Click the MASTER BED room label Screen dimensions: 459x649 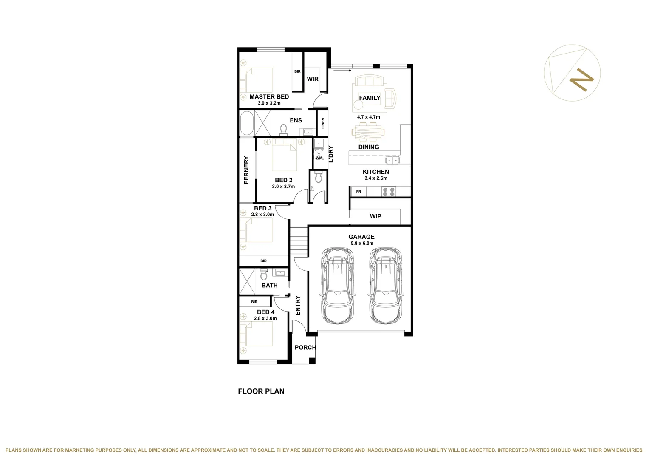pos(269,97)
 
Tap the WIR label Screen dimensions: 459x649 pos(313,79)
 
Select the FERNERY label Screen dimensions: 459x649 pos(246,170)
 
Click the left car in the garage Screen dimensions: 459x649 pos(338,285)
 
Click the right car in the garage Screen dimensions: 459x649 pos(385,285)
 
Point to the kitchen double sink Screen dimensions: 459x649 pos(392,160)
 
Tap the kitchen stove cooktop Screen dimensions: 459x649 pos(388,192)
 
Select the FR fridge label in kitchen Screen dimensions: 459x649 pos(358,192)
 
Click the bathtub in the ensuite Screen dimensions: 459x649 pos(246,123)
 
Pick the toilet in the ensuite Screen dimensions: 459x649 pos(283,129)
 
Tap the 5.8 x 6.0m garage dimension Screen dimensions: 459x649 pos(362,244)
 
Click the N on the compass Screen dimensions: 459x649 pos(581,79)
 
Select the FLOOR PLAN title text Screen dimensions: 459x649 pos(261,391)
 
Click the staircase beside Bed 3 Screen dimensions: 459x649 pos(299,240)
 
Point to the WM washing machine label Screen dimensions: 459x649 pos(319,158)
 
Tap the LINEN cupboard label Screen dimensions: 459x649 pos(323,123)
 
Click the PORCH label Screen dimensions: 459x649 pos(305,348)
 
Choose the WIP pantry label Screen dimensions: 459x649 pos(375,216)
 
